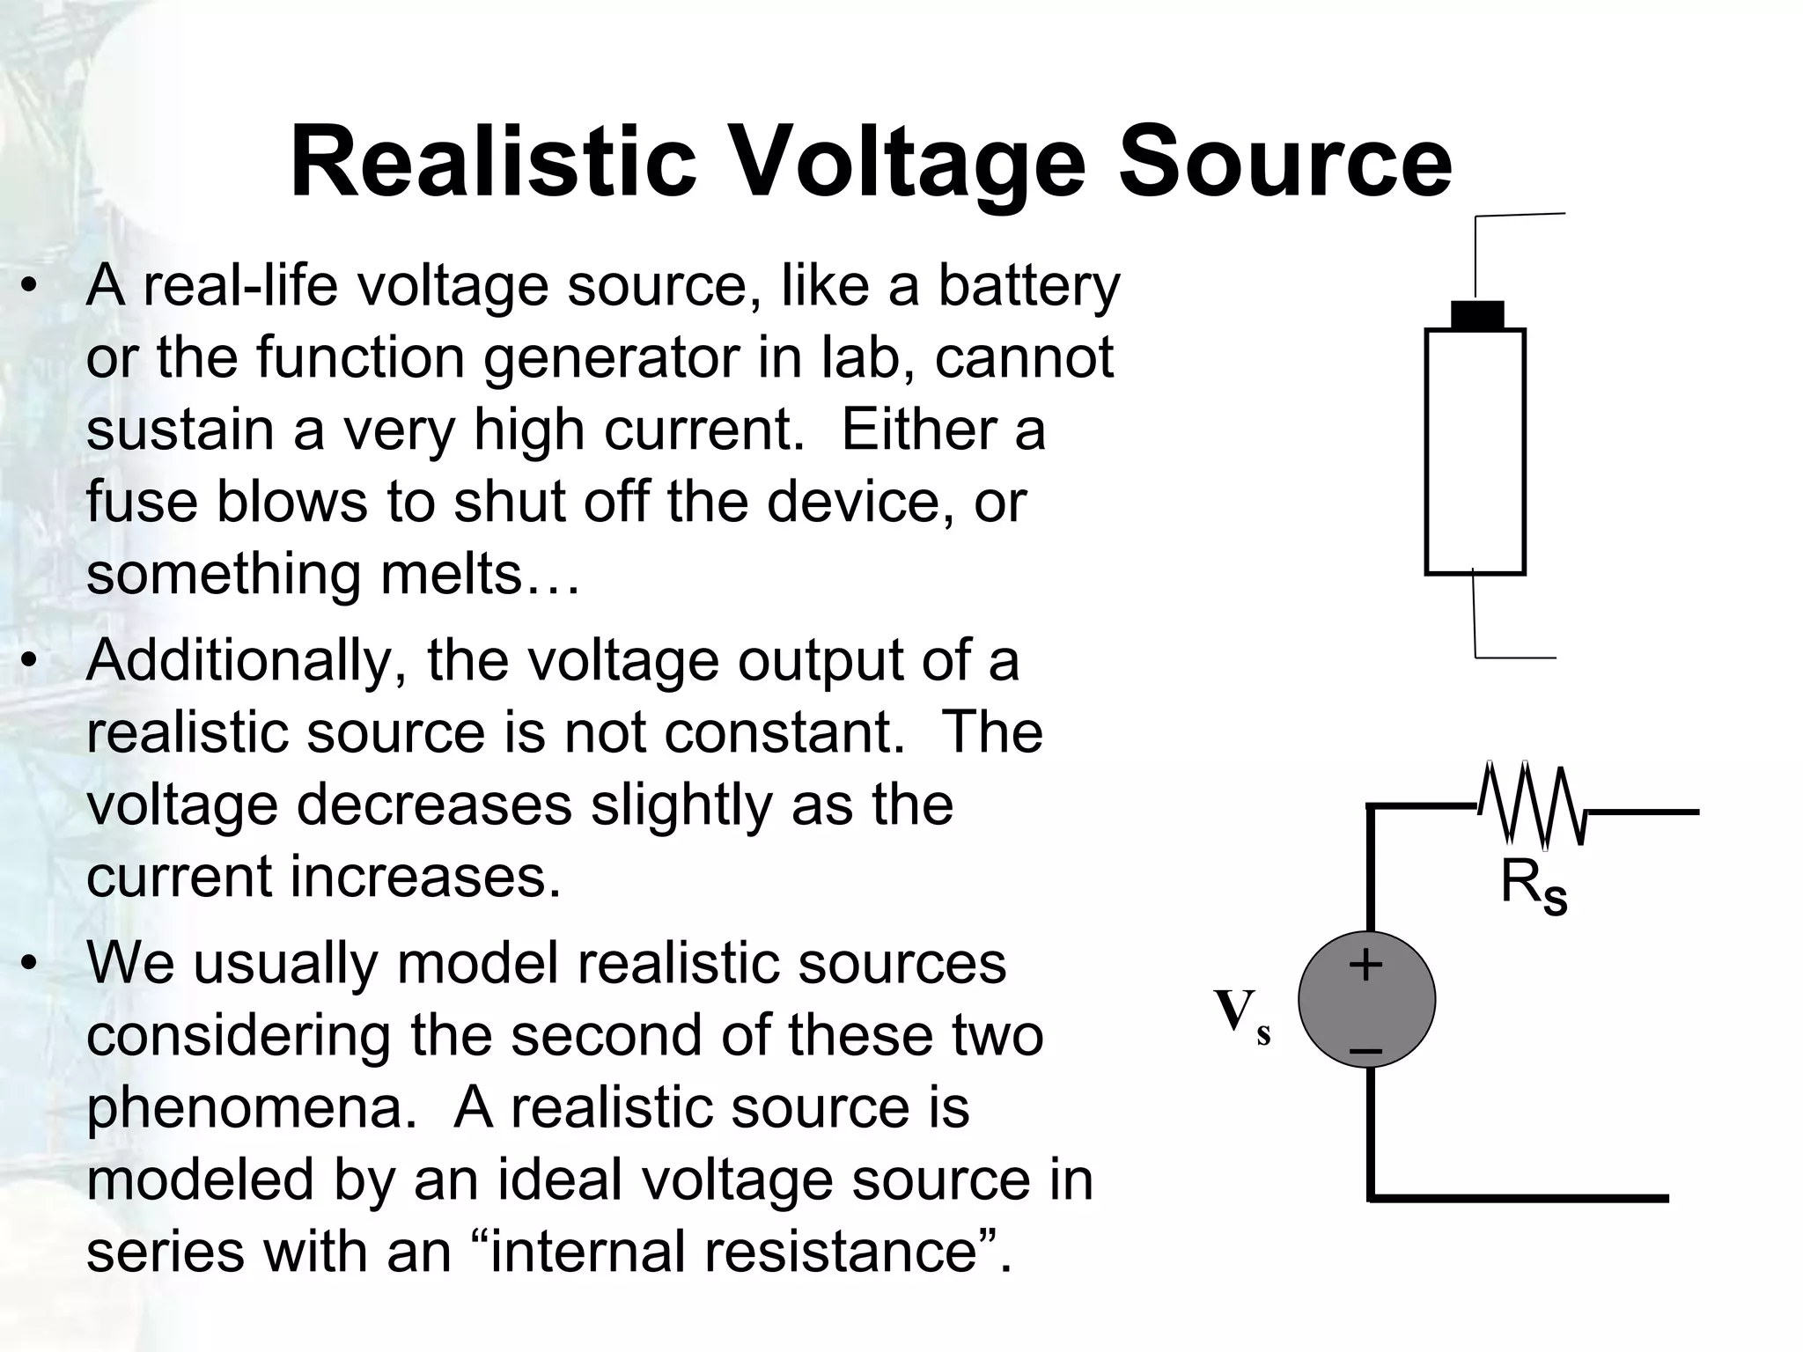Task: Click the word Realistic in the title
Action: click(x=493, y=164)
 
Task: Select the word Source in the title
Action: click(x=1284, y=164)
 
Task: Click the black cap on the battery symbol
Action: click(x=1476, y=315)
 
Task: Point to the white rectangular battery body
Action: click(x=1475, y=452)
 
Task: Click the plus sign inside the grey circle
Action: click(x=1365, y=966)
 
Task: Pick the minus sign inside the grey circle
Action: click(x=1365, y=1050)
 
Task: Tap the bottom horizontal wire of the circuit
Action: click(x=1519, y=1198)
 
